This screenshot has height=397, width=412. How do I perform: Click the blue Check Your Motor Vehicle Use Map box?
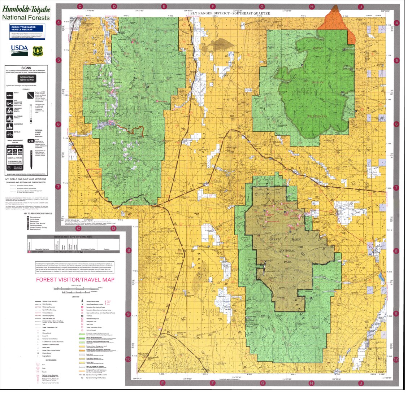pos(27,32)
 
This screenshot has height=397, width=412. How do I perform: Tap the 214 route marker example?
pos(31,141)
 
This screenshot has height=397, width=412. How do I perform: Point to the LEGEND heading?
pos(75,296)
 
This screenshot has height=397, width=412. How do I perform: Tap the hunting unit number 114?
pos(303,92)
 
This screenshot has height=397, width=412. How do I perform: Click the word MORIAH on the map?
pos(318,83)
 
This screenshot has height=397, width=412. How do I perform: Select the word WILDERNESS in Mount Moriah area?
pos(317,116)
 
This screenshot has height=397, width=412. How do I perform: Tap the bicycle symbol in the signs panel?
pos(10,134)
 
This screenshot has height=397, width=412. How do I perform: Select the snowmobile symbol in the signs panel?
pos(10,126)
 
